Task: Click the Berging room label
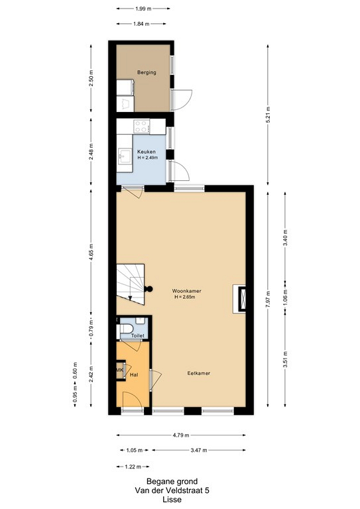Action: point(147,72)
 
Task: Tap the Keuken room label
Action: point(146,152)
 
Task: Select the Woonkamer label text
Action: point(186,291)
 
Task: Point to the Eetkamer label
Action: point(198,373)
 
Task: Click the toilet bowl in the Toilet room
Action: point(125,328)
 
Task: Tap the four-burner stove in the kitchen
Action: point(141,127)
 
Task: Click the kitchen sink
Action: point(125,156)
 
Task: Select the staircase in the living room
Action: point(131,284)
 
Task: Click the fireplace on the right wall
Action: point(239,299)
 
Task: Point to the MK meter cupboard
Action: point(121,370)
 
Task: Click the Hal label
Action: point(134,374)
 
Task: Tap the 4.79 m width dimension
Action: point(180,435)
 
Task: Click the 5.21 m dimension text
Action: point(268,115)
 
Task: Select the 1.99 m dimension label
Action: point(143,9)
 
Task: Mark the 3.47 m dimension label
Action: point(199,450)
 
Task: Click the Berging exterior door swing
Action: point(184,101)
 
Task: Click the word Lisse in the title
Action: point(172,500)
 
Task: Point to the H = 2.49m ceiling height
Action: point(148,158)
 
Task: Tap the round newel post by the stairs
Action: point(149,288)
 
